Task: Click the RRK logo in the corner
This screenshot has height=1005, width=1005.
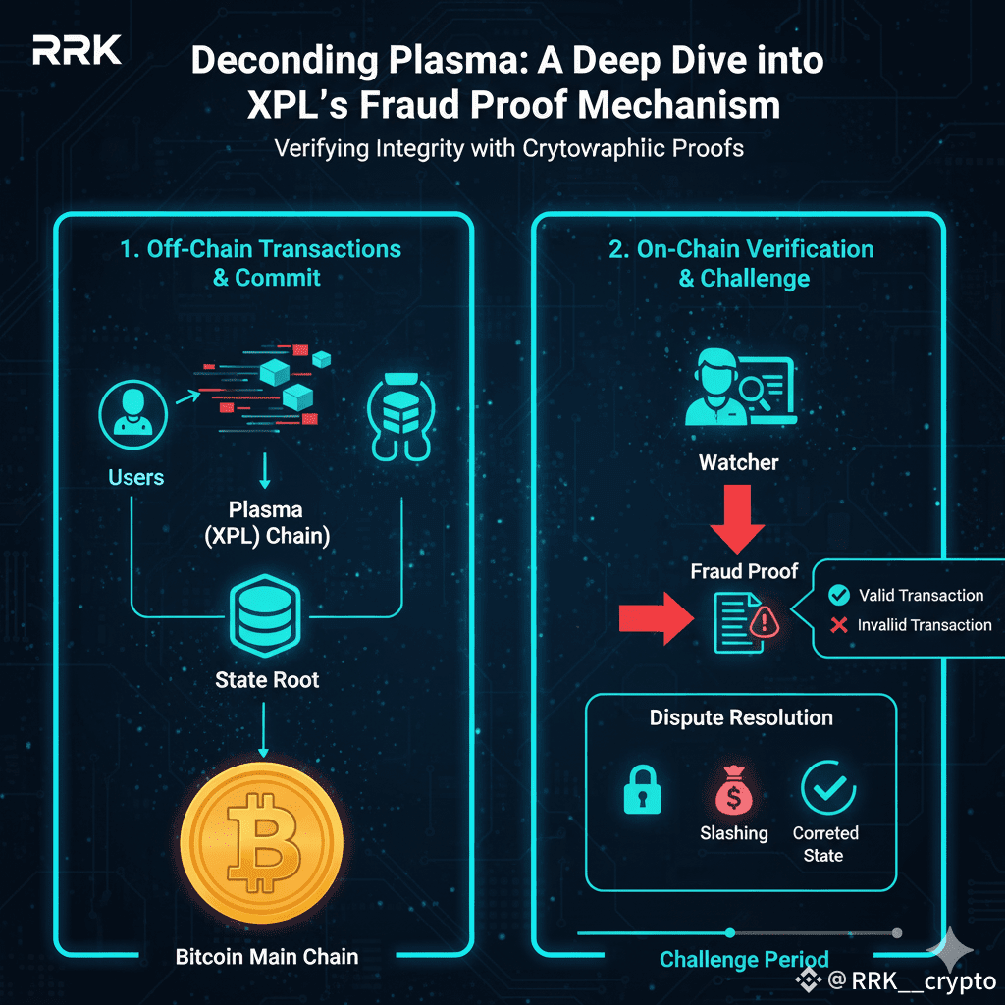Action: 77,52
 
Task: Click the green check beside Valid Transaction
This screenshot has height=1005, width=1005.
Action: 838,595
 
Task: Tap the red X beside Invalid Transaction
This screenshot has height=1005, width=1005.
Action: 838,625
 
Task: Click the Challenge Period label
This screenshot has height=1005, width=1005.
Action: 744,959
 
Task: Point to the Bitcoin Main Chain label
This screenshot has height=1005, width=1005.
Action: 267,955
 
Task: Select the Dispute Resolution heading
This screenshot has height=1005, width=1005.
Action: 741,717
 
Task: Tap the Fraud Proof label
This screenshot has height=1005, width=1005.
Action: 744,570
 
